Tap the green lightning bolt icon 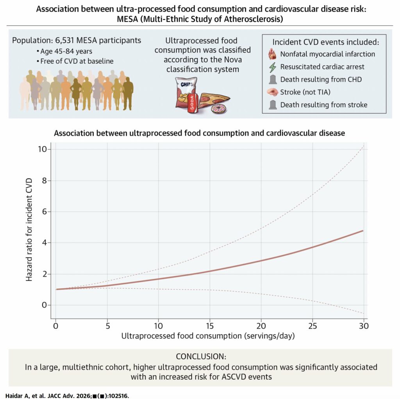click(273, 67)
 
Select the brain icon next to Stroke click(273, 92)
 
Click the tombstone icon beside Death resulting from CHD click(273, 80)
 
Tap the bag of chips click(183, 92)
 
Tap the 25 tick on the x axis click(312, 326)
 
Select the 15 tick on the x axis click(209, 326)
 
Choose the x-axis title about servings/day click(208, 336)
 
